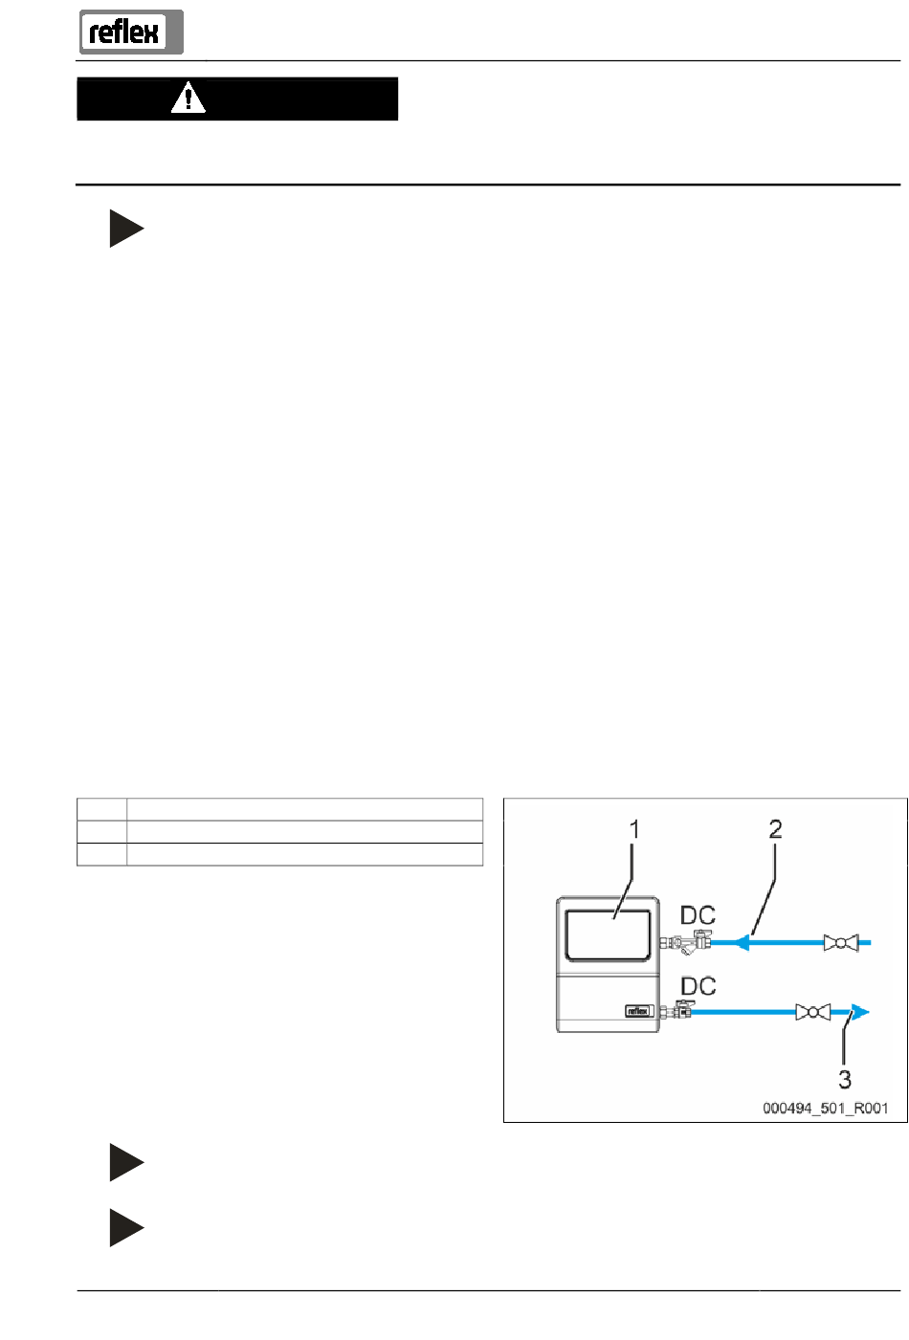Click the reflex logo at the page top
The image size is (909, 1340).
[130, 33]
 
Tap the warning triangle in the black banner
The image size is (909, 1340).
[188, 98]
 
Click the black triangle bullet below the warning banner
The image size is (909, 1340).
[125, 229]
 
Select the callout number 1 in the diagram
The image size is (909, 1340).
[633, 829]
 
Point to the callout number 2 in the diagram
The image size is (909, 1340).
[775, 829]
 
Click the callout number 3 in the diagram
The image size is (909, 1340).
[845, 1080]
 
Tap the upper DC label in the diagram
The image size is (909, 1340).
[698, 916]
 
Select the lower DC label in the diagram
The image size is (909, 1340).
[698, 986]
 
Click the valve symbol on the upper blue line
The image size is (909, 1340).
[841, 943]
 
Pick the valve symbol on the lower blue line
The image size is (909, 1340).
[812, 1012]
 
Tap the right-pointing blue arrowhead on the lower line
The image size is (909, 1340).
[860, 1012]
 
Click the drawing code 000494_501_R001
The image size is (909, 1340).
[825, 1109]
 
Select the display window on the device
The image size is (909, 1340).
[609, 934]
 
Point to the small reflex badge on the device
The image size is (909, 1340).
[638, 1011]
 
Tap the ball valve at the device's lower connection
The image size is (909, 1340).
[682, 1009]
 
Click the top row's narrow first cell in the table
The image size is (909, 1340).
[101, 809]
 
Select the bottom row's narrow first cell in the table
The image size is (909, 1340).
[101, 854]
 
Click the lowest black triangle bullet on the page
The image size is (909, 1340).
[125, 1228]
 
